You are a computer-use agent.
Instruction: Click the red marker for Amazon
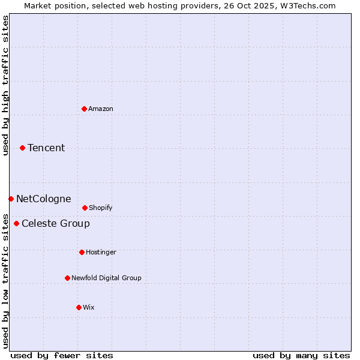click(x=84, y=109)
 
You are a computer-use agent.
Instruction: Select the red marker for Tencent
click(x=22, y=148)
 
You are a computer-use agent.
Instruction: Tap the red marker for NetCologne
click(x=11, y=199)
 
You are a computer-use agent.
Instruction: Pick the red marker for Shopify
click(x=85, y=208)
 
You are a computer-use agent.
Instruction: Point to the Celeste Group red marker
click(x=16, y=223)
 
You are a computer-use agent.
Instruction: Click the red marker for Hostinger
click(x=82, y=252)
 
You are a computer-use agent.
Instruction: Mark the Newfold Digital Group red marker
click(x=67, y=278)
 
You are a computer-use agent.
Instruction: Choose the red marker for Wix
click(x=79, y=307)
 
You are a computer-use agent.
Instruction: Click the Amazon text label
click(x=101, y=109)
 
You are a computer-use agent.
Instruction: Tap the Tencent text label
click(x=46, y=148)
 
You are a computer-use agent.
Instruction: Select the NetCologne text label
click(x=43, y=199)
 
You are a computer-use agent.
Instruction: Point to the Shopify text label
click(x=101, y=208)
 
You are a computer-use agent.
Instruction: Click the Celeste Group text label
click(x=56, y=223)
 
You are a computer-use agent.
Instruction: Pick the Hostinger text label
click(x=101, y=252)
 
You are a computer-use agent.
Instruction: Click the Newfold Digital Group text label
click(x=106, y=278)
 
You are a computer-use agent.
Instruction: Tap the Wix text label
click(x=89, y=307)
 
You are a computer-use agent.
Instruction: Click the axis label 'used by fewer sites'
click(x=62, y=355)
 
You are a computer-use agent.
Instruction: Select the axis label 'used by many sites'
click(x=301, y=355)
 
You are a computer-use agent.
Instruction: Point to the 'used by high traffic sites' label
click(x=5, y=86)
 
